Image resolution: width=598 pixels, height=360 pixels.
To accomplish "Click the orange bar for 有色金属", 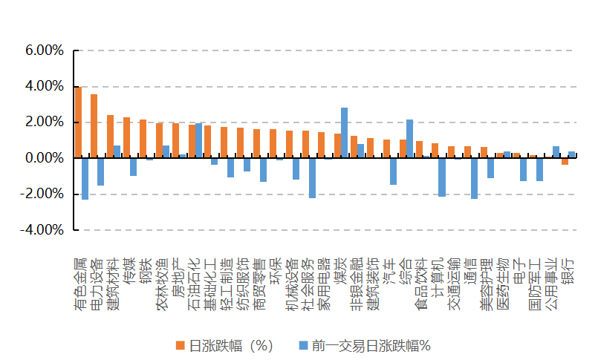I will click(78, 122).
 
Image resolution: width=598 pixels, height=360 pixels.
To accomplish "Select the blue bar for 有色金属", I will click(85, 179).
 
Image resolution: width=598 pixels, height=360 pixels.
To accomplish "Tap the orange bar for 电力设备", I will click(94, 126).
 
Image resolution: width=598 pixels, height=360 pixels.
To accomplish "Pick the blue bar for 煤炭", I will click(345, 133).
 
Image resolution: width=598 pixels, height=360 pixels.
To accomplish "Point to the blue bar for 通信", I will click(474, 178).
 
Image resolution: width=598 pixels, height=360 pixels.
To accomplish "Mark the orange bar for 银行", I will click(565, 161).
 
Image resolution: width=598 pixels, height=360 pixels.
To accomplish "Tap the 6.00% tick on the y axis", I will click(45, 50).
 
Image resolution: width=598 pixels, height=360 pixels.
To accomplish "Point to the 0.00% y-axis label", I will click(45, 158).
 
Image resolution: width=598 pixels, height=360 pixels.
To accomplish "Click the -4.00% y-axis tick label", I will click(43, 230).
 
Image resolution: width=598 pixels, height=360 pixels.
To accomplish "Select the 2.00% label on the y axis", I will click(45, 122).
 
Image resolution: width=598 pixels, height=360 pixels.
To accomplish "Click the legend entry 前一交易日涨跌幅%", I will click(371, 344).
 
